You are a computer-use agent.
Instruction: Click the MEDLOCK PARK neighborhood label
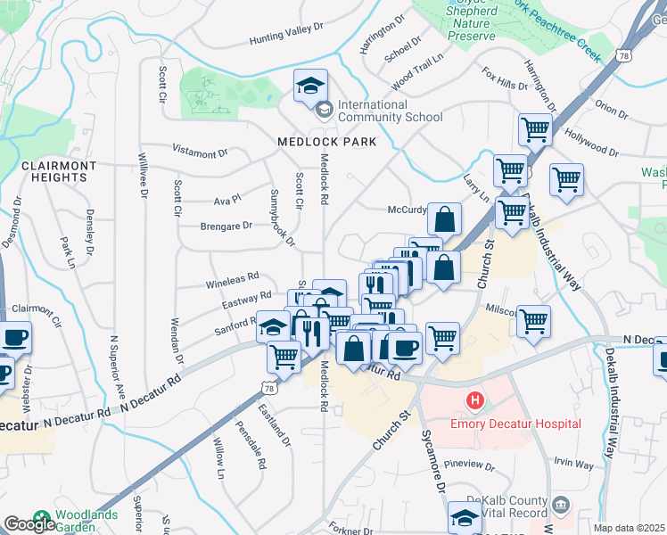(x=326, y=142)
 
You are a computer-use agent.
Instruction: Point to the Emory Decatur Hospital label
(x=527, y=424)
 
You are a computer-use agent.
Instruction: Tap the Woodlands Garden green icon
(x=41, y=518)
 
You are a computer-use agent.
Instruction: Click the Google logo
(x=29, y=524)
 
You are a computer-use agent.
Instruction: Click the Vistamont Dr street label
(x=201, y=153)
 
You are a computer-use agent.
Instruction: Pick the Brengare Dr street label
(x=226, y=226)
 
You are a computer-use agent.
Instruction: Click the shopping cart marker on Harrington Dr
(x=535, y=129)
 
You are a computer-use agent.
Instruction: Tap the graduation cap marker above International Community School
(x=310, y=86)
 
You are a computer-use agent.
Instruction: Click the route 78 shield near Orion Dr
(x=623, y=55)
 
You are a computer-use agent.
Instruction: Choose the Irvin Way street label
(x=572, y=464)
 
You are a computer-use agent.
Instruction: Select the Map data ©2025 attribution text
(x=630, y=528)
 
